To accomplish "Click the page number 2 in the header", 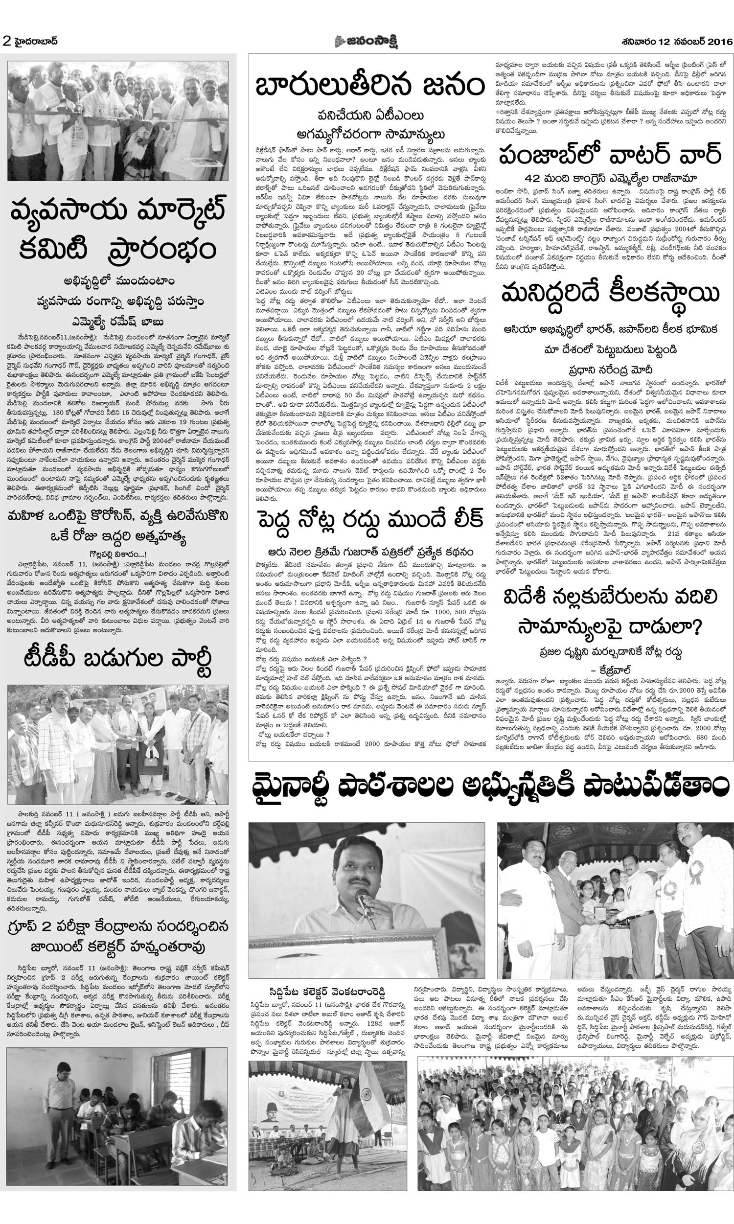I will pos(6,42).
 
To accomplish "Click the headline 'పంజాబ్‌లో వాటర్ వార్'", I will pos(609,155).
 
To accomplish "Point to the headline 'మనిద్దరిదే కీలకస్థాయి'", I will pos(609,294).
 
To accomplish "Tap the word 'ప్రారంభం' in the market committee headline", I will pos(161,250).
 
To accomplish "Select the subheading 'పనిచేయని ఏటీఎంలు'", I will pos(370,115).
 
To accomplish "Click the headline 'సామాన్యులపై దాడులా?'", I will pos(609,627).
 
